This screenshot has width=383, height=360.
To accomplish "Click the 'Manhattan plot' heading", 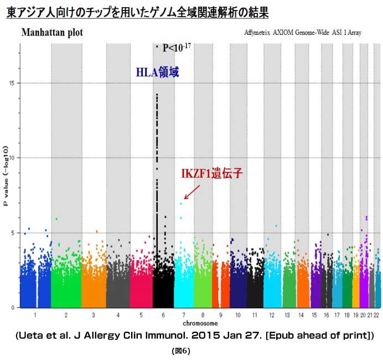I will click(52, 33).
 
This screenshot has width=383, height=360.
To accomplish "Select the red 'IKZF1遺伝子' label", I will click(212, 173).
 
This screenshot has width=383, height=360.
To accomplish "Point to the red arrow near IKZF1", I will click(192, 192).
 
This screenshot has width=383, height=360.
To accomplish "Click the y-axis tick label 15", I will click(13, 83).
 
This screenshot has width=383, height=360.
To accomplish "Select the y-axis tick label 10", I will click(13, 158).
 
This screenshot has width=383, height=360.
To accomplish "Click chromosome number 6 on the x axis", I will click(164, 315).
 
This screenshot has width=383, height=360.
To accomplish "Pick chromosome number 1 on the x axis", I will click(35, 315).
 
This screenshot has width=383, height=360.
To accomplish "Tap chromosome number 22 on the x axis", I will click(376, 315).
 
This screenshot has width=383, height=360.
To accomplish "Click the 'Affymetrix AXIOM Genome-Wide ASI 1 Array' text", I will click(302, 33).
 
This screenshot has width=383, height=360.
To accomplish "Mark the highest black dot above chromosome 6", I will click(157, 47).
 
